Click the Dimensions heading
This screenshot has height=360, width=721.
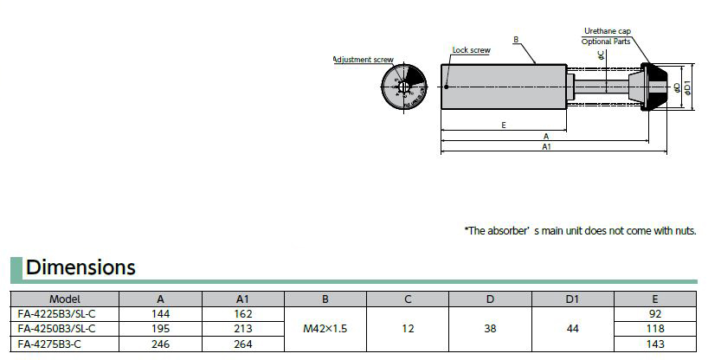coord(80,267)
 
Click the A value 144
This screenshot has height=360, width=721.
coord(160,313)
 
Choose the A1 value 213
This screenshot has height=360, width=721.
coord(242,329)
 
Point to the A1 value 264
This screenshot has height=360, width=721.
coord(242,344)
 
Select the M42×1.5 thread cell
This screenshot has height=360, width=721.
coord(325,329)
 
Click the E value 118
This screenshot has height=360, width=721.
coord(654,329)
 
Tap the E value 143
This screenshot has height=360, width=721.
coord(654,344)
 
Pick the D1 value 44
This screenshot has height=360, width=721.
coord(571,329)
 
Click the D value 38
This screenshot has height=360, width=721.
coord(489,329)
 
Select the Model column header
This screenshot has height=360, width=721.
coord(65,299)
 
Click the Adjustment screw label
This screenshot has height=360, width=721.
coord(364,60)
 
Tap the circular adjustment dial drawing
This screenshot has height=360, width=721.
coord(403,89)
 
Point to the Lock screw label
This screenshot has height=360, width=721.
coord(471,50)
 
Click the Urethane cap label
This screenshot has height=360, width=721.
coord(607,30)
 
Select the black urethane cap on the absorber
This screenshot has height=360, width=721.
coord(659,87)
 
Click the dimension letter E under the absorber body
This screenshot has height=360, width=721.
coord(504,125)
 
